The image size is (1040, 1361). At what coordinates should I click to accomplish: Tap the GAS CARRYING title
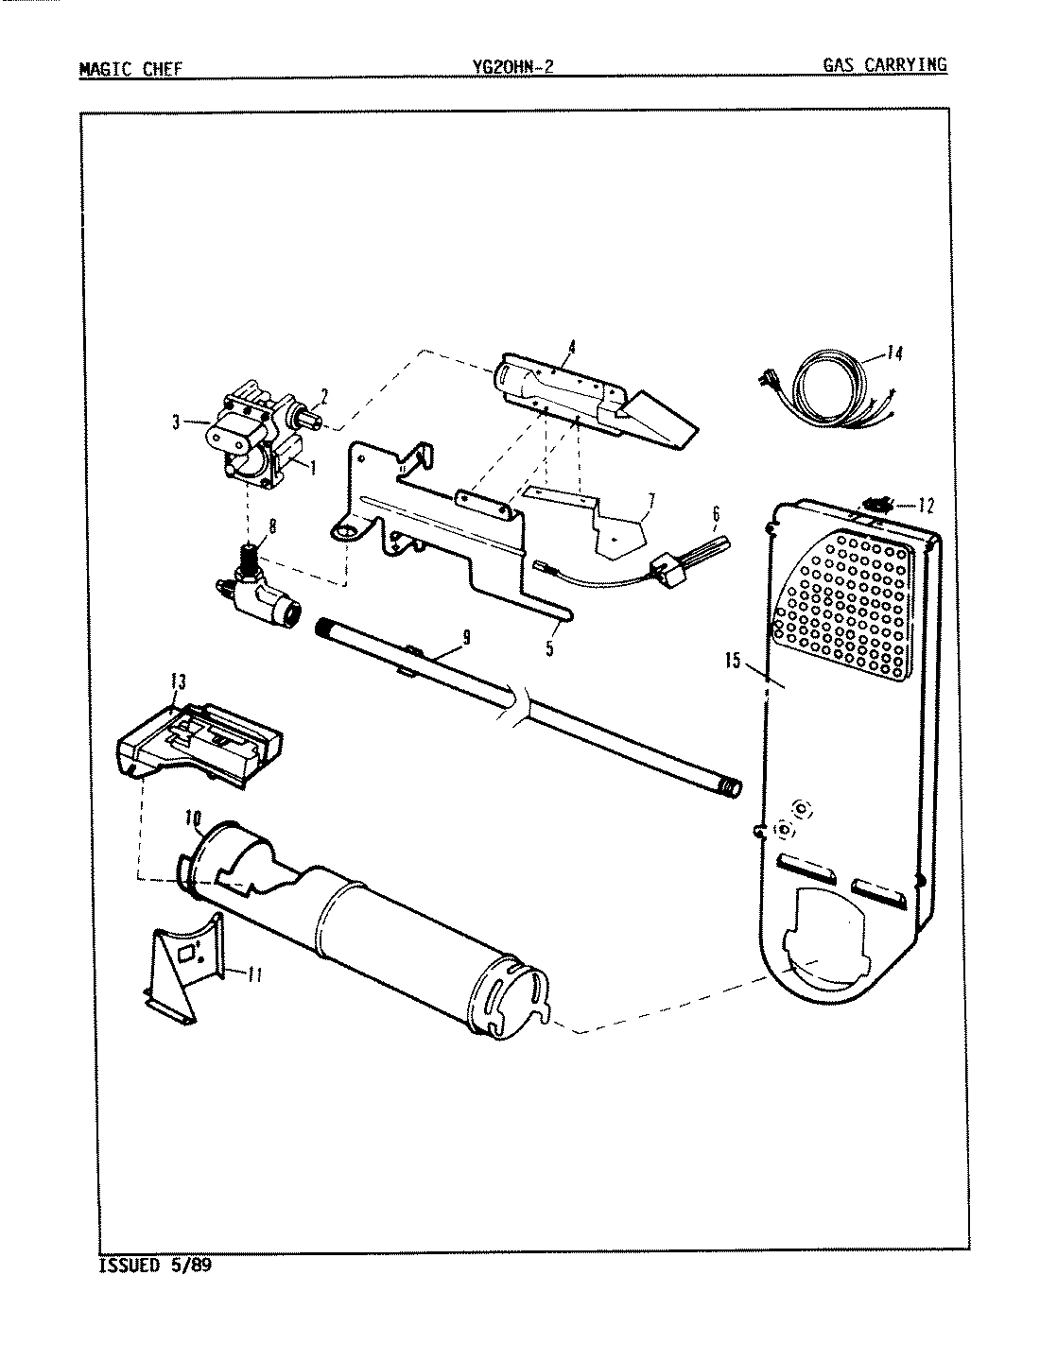click(x=884, y=65)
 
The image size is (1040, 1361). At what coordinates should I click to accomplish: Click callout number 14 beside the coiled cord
click(x=893, y=353)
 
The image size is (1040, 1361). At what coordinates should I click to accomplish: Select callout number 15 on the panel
click(x=734, y=661)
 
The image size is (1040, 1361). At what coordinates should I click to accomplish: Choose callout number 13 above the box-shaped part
click(x=177, y=680)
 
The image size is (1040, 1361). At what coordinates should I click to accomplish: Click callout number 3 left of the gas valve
click(x=176, y=424)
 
